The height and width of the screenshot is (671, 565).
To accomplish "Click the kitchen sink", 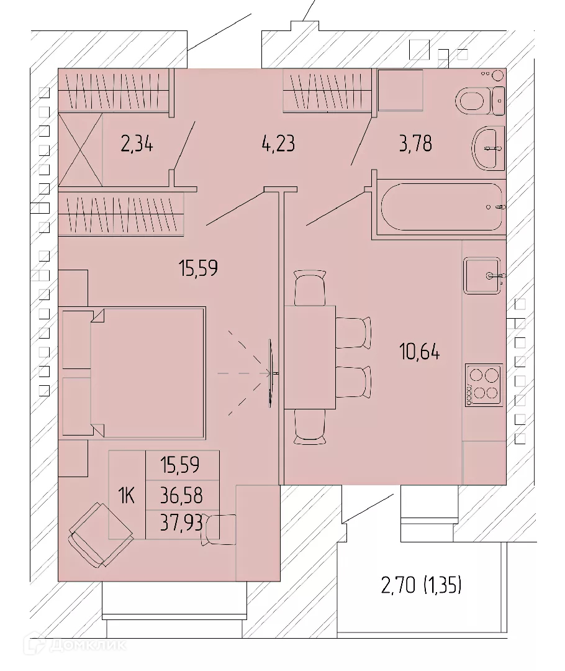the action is pyautogui.click(x=482, y=276).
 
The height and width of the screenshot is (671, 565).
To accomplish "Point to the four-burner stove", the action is pyautogui.click(x=484, y=385).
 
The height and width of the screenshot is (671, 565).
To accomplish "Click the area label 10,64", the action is pyautogui.click(x=419, y=352).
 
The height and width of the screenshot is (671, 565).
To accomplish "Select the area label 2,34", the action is pyautogui.click(x=137, y=144).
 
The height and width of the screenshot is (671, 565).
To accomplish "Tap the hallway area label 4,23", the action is pyautogui.click(x=278, y=144).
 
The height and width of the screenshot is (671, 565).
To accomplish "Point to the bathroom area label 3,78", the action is pyautogui.click(x=415, y=144).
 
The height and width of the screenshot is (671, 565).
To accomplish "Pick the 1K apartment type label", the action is pyautogui.click(x=127, y=496).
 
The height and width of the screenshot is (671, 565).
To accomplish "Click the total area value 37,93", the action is pyautogui.click(x=181, y=523).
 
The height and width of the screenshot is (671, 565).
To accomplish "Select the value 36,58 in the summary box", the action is pyautogui.click(x=181, y=496).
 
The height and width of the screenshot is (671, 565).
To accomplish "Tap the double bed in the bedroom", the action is pyautogui.click(x=133, y=373).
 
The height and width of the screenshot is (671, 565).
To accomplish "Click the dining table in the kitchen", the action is pyautogui.click(x=310, y=357).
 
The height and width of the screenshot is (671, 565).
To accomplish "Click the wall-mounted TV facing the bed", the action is pyautogui.click(x=271, y=373).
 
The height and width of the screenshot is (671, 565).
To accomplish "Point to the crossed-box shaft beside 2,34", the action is pyautogui.click(x=81, y=150).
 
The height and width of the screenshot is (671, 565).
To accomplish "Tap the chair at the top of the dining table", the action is pyautogui.click(x=310, y=288).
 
